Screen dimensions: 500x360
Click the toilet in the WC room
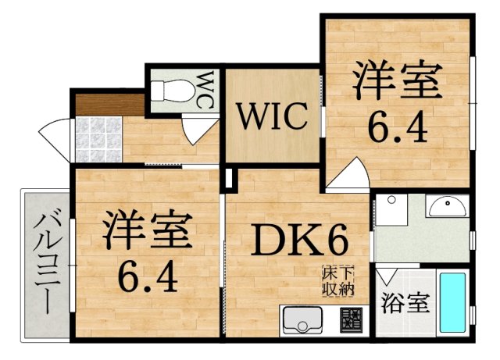[x=173, y=91]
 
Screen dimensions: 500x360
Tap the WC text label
[x=205, y=91]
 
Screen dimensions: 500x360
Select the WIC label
[x=273, y=116]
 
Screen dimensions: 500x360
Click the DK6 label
[x=299, y=239]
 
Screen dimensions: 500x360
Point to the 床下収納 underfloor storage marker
[x=338, y=281]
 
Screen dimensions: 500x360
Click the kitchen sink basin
[x=302, y=320]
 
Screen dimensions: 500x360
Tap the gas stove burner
[x=351, y=320]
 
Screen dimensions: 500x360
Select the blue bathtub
[x=452, y=303]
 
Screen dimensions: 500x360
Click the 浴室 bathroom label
[x=405, y=302]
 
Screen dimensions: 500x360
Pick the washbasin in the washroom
[x=448, y=206]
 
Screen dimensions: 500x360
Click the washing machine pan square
[x=391, y=210]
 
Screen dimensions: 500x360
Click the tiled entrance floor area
[x=99, y=139]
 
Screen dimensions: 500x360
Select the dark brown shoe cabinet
[x=110, y=105]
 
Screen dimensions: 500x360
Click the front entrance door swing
[x=54, y=141]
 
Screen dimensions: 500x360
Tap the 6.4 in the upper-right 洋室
[x=398, y=128]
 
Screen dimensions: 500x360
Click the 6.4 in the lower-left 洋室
[x=148, y=276]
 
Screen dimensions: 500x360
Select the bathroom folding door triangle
[x=387, y=276]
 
